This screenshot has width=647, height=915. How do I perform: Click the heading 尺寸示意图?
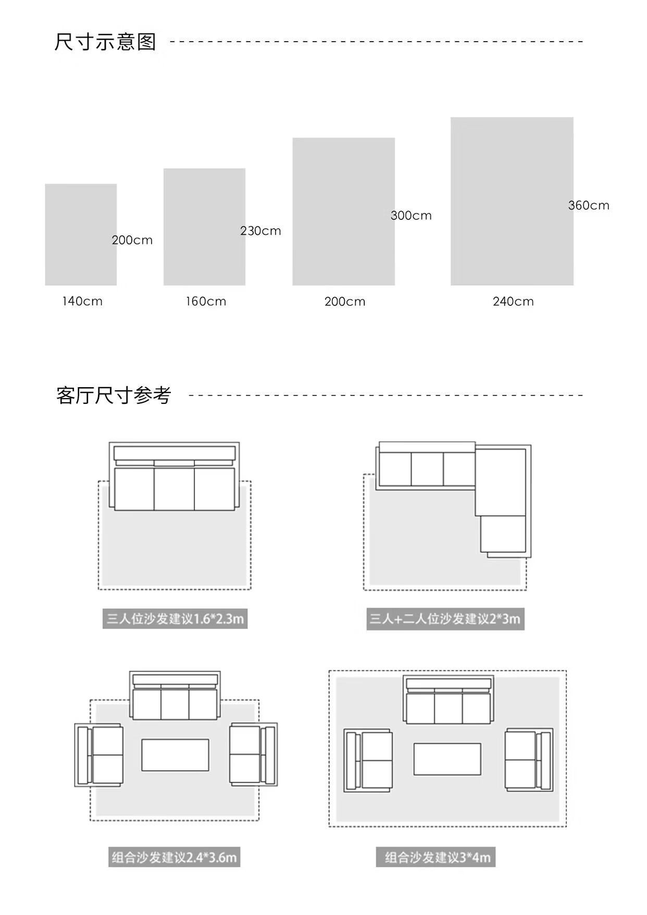(105, 42)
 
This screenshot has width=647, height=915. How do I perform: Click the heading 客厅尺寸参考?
(114, 395)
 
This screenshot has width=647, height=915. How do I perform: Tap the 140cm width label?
(82, 301)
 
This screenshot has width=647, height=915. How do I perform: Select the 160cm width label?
(206, 301)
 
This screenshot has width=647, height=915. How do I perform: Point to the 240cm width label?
(513, 301)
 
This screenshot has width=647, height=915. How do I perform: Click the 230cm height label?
(260, 231)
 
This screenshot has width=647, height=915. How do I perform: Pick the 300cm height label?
(411, 216)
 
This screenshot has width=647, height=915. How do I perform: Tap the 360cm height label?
(589, 205)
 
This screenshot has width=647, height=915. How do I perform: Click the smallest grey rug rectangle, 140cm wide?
(81, 234)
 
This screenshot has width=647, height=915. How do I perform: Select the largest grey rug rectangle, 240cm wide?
(512, 201)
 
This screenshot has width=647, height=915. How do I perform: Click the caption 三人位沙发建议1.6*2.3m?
(175, 619)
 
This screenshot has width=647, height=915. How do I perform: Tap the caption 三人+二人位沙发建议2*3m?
(445, 619)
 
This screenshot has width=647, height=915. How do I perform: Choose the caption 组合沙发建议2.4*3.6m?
(175, 857)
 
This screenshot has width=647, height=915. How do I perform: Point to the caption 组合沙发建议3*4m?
(436, 857)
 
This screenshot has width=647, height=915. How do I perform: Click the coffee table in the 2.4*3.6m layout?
(175, 755)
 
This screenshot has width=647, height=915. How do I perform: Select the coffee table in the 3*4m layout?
(447, 759)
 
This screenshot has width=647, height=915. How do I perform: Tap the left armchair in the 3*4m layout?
(368, 760)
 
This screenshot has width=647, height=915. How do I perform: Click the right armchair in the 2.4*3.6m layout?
(253, 755)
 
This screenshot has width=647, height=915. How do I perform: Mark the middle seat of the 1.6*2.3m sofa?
(174, 489)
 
